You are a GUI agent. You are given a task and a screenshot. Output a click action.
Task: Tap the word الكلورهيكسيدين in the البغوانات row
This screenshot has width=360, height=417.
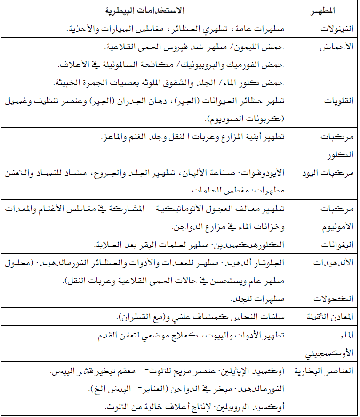pyautogui.click(x=261, y=245)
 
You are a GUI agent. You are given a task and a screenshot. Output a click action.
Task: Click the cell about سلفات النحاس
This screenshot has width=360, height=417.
pyautogui.click(x=198, y=317)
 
